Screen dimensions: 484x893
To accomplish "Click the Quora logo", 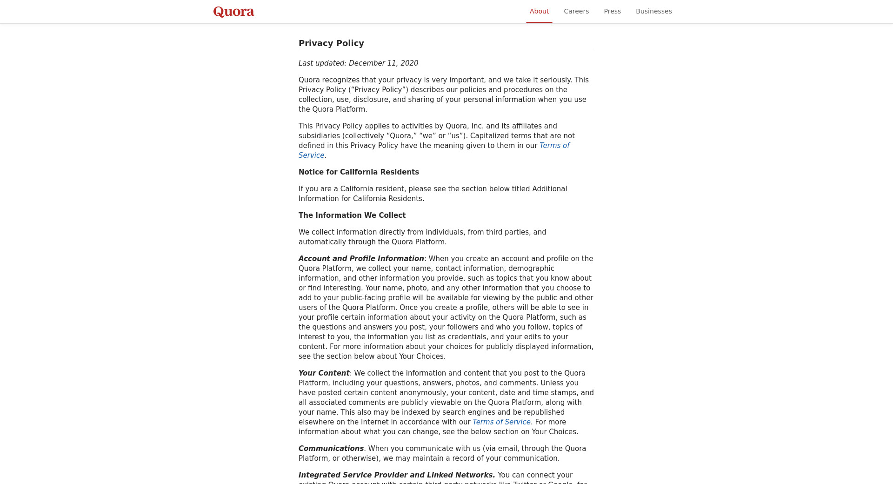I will point(233,12).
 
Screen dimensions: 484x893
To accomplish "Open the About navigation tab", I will point(539,11).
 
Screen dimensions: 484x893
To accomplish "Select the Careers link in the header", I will point(576,11).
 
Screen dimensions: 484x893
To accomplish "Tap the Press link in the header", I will point(612,11).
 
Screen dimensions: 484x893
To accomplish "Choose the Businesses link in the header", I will point(653,11).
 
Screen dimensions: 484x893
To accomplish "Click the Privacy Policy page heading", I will point(331,43).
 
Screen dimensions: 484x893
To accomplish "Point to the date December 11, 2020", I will point(383,63).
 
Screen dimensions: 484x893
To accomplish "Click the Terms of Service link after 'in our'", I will point(554,146).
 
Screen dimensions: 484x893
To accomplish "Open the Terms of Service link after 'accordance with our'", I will point(501,422).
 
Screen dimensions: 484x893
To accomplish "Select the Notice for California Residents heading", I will point(359,172).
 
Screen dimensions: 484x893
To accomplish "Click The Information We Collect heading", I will point(352,215).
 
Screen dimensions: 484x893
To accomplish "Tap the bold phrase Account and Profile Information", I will point(361,259).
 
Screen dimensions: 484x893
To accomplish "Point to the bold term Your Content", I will point(324,373).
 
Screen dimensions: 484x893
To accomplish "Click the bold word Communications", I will point(331,449).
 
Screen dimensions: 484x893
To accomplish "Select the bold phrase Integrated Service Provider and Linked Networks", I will point(397,475).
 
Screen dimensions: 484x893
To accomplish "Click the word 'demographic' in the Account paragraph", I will point(531,269).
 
